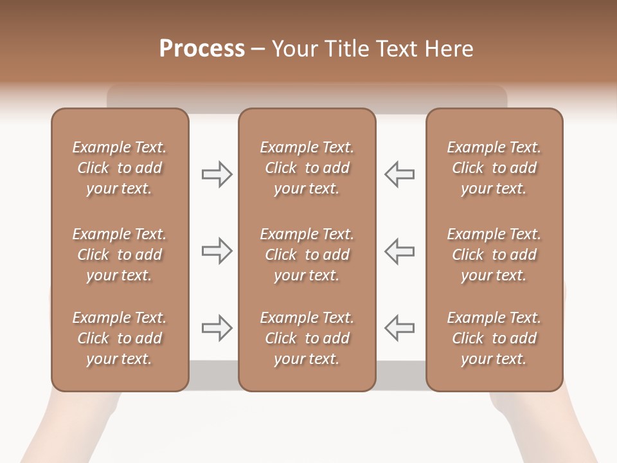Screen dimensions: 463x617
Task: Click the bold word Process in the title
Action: pos(202,49)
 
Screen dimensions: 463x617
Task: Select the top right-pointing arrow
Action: pos(217,174)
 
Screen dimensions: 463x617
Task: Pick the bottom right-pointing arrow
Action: pos(217,327)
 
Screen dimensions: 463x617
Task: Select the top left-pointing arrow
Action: pos(399,174)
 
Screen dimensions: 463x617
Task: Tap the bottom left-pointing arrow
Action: pos(399,327)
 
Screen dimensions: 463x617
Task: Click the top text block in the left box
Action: pos(120,168)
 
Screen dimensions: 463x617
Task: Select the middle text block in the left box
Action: pos(120,255)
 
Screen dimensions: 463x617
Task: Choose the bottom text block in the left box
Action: pos(120,338)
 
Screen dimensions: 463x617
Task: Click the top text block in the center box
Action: pos(307,168)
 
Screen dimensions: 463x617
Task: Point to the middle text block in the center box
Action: pos(307,255)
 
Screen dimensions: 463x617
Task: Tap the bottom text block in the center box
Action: pos(307,338)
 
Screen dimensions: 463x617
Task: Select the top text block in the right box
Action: pos(494,168)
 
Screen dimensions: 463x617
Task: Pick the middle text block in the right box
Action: pos(494,255)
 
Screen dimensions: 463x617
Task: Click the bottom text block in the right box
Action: pos(494,338)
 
